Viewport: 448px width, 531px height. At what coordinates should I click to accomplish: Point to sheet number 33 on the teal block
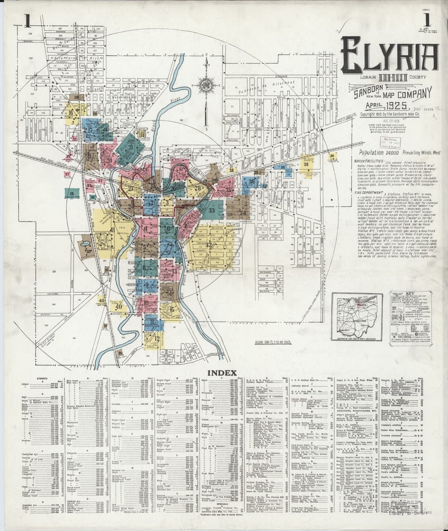coord(212,211)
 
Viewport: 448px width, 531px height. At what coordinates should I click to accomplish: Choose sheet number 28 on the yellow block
coord(197,189)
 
